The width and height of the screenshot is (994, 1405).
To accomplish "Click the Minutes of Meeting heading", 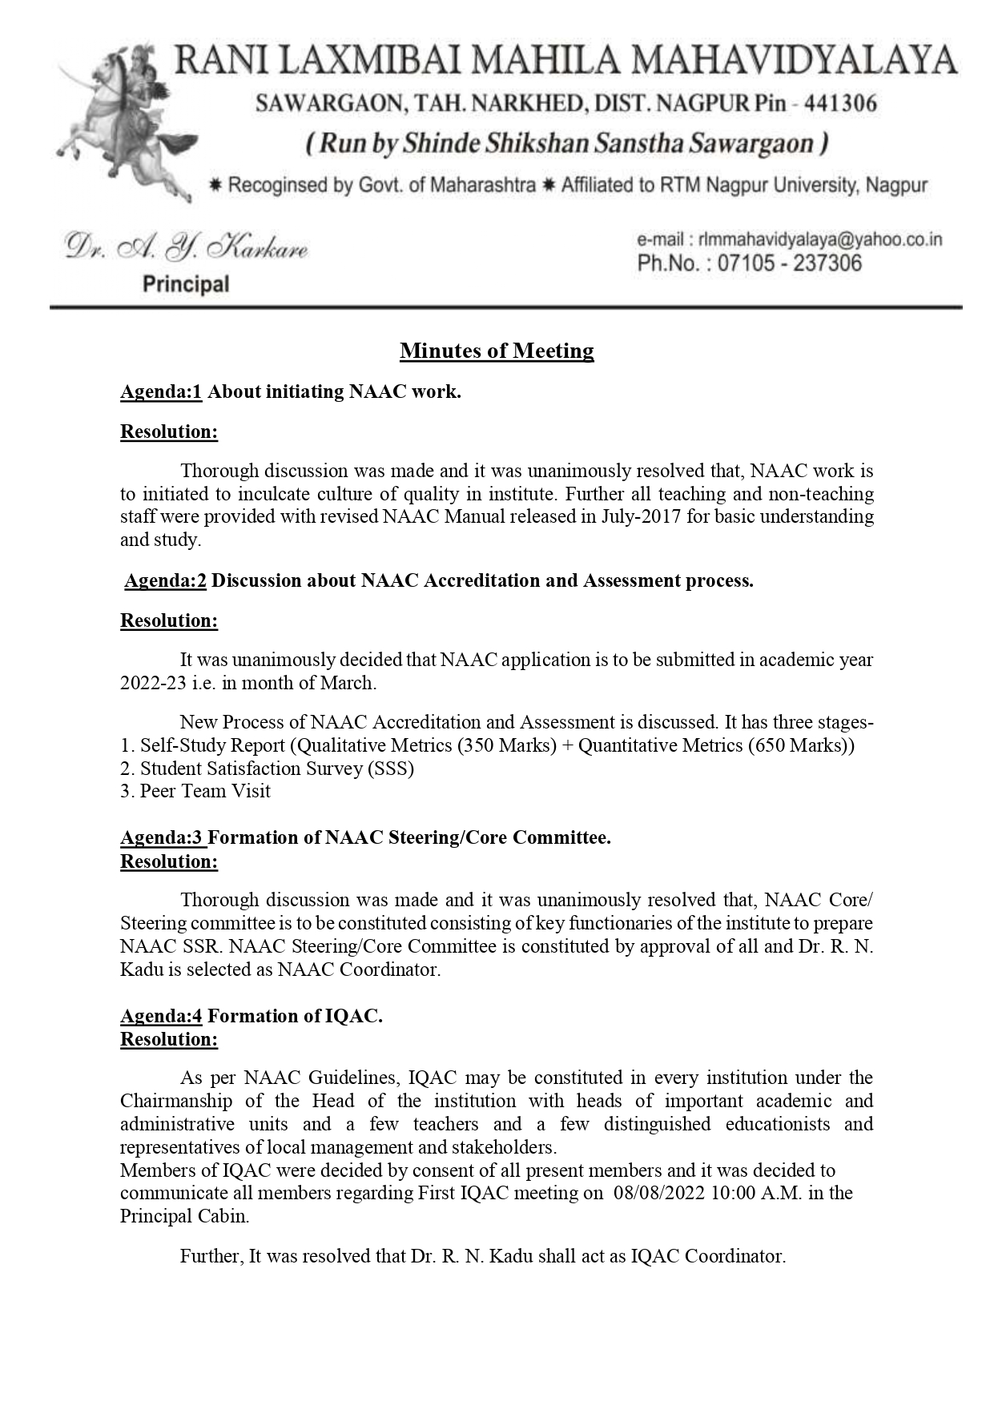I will click(497, 351).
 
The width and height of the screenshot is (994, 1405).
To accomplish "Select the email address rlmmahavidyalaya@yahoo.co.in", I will click(819, 239).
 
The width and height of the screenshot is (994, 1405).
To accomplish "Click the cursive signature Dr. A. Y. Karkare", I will click(187, 248).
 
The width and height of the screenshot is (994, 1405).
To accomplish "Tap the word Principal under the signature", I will click(186, 284).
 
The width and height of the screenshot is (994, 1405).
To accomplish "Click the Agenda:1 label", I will click(160, 392).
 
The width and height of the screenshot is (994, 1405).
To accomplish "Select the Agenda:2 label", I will click(165, 580).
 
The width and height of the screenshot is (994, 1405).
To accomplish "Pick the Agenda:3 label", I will click(163, 837).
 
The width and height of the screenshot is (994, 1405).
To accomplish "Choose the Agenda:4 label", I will click(161, 1016).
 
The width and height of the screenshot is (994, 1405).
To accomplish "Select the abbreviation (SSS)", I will click(390, 769).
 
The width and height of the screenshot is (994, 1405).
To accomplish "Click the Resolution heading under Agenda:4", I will click(169, 1039).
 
